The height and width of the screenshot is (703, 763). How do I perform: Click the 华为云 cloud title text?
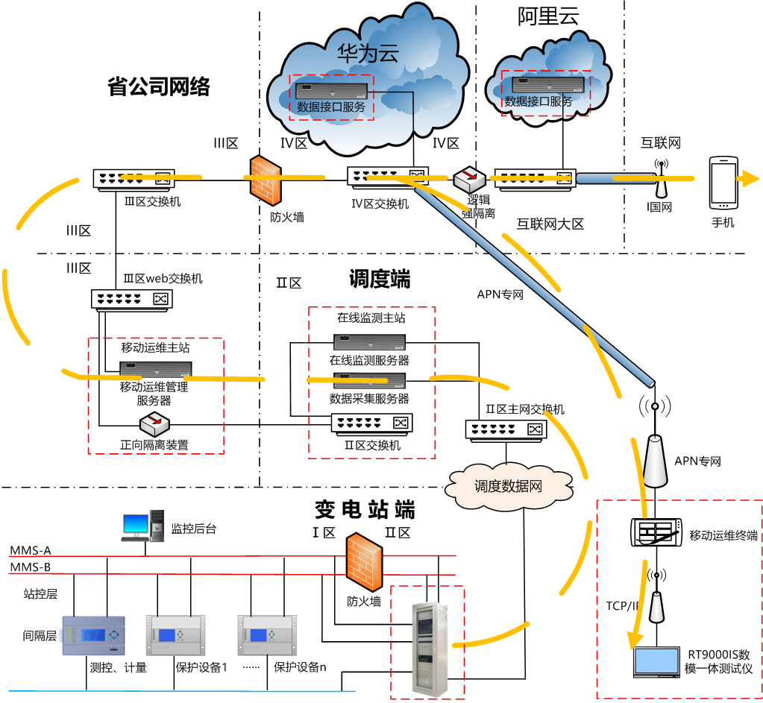(x=368, y=54)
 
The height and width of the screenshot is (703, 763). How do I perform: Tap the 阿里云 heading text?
(x=548, y=17)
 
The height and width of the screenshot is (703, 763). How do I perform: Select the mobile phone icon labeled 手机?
(x=723, y=182)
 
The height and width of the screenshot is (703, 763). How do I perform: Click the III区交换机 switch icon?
(x=134, y=178)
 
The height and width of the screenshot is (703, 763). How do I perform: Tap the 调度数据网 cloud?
(x=509, y=486)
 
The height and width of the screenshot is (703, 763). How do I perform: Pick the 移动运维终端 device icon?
(x=656, y=532)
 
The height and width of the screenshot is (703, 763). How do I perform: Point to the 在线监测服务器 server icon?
(x=369, y=342)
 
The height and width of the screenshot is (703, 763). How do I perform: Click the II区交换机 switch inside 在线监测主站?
(x=371, y=423)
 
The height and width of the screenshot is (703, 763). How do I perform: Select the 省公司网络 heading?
(x=159, y=87)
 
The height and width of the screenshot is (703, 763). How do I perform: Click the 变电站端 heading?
(x=364, y=510)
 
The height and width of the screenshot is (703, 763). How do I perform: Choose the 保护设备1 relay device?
(x=175, y=635)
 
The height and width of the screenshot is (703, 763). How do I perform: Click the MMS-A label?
(x=31, y=551)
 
